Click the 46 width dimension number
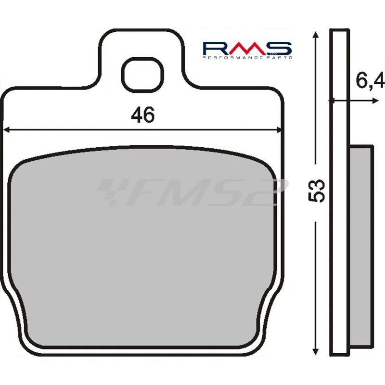click(142, 115)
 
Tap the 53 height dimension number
click(316, 191)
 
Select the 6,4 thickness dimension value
click(370, 80)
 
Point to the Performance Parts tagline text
click(247, 57)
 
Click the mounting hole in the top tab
click(142, 75)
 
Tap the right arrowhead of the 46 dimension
click(279, 130)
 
